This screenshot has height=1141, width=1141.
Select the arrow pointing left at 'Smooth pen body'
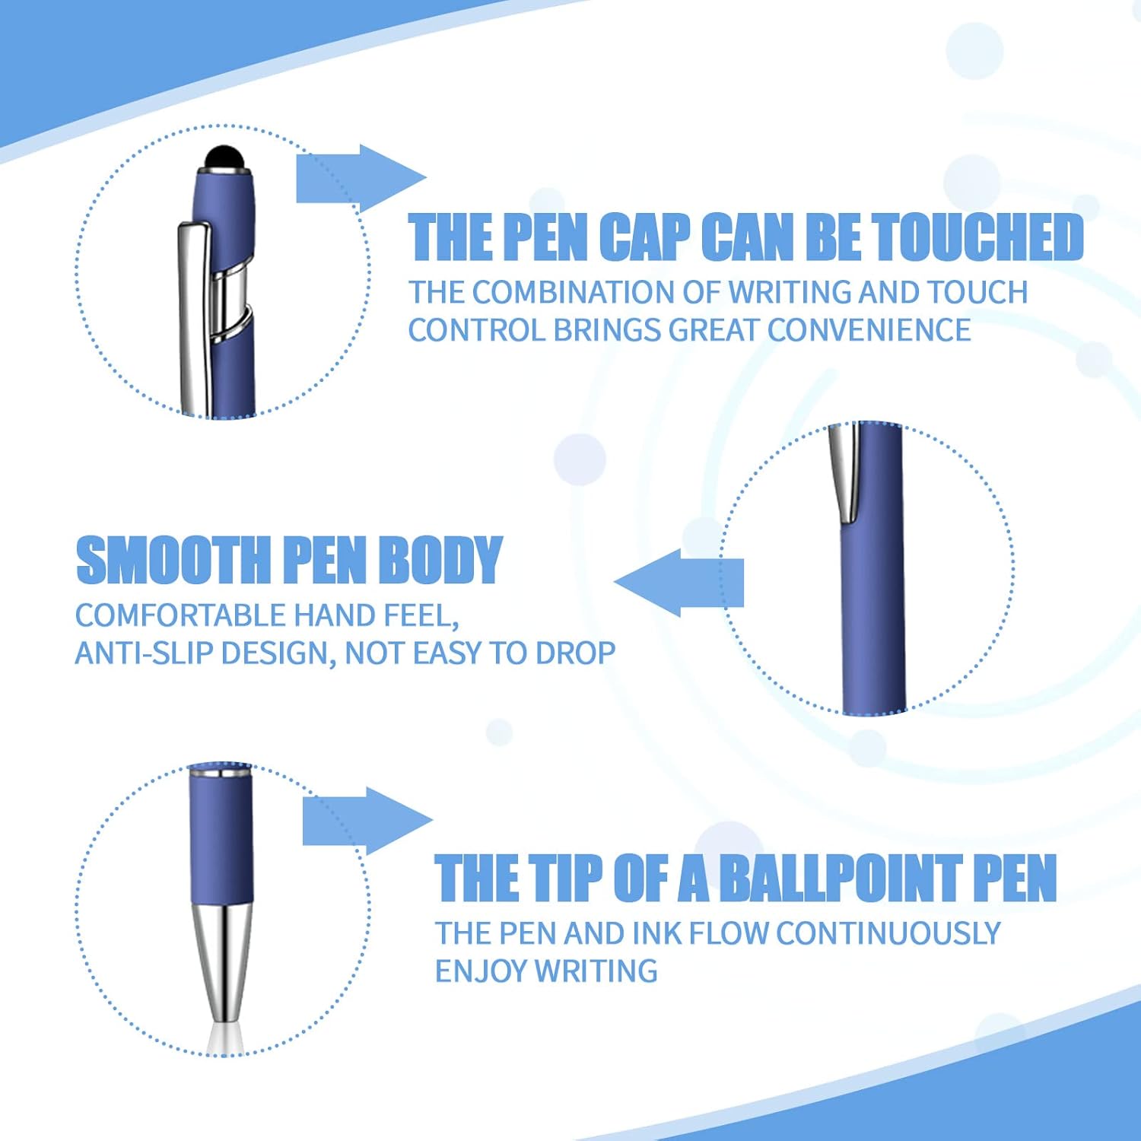pos(677,583)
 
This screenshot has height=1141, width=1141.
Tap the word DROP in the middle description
pos(575,653)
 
